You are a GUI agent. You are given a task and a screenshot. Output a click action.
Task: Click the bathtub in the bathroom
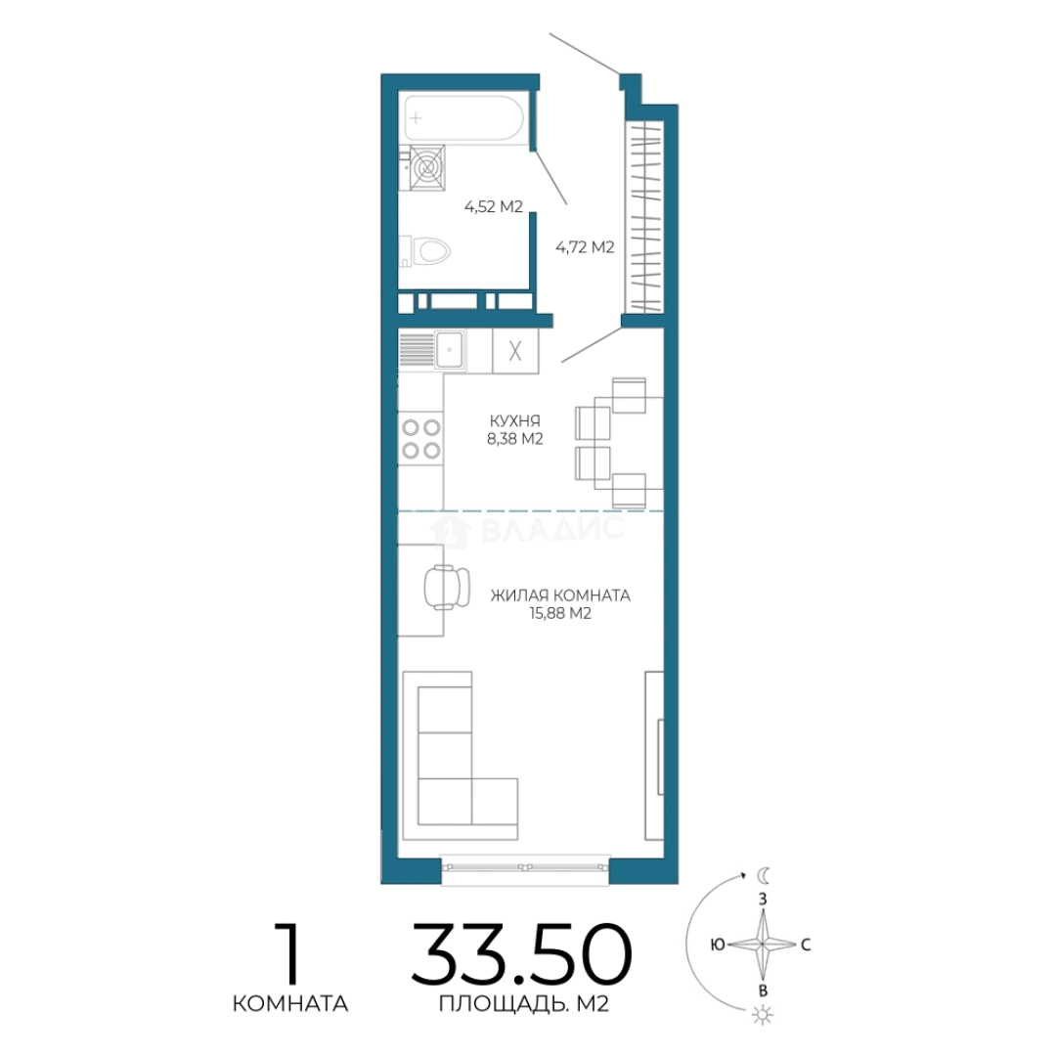point(462,118)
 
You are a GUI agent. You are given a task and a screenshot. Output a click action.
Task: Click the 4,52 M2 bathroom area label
point(494,206)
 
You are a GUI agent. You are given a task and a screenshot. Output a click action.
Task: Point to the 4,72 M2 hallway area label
point(585,247)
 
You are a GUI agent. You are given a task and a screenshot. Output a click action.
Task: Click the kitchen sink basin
point(449,350)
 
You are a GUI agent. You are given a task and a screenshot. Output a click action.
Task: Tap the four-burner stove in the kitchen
point(420,438)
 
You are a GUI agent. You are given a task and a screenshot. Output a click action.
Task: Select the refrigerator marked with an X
point(515,351)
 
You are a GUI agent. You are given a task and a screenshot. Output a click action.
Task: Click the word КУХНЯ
point(515,420)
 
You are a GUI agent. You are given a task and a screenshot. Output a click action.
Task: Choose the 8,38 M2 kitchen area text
point(515,439)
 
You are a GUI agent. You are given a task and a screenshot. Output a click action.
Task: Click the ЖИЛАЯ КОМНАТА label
point(560,595)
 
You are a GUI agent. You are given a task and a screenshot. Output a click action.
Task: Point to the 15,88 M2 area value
point(560,613)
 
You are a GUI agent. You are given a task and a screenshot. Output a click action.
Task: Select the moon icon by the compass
point(764,875)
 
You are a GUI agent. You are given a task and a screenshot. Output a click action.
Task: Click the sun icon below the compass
point(763,1015)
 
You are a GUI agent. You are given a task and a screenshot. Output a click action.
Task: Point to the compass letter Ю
point(718,945)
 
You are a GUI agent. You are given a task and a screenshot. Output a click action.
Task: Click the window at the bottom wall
point(525,866)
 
